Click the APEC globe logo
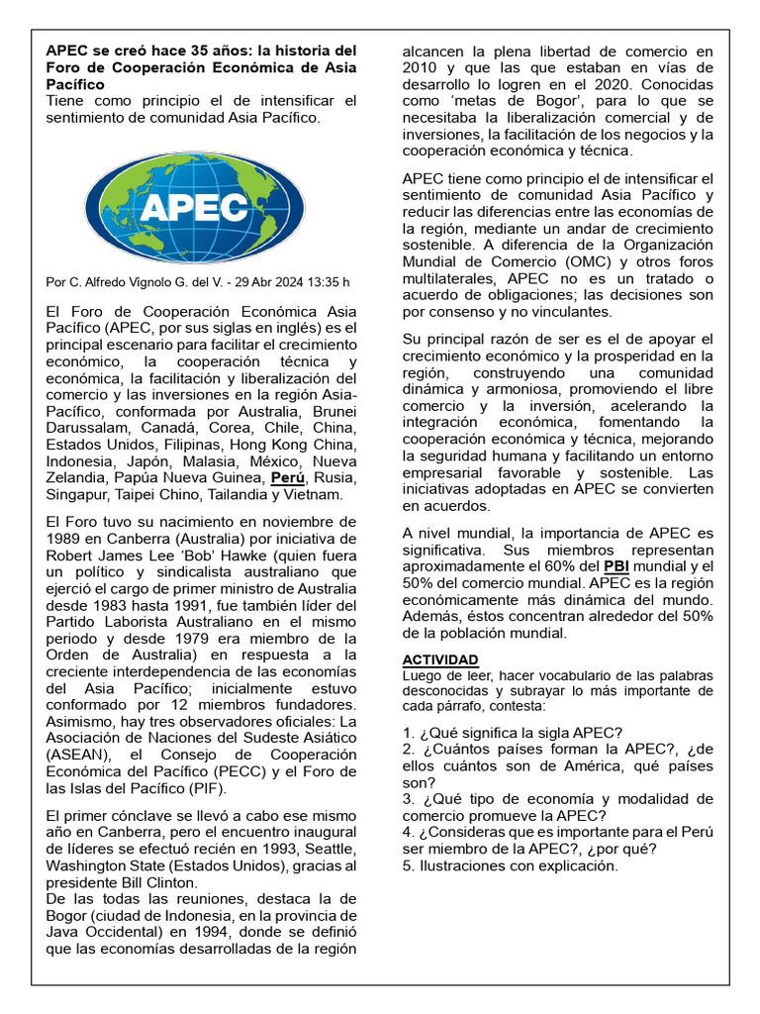click(x=202, y=205)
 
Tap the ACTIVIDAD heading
click(x=440, y=659)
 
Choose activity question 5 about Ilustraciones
click(x=510, y=865)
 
